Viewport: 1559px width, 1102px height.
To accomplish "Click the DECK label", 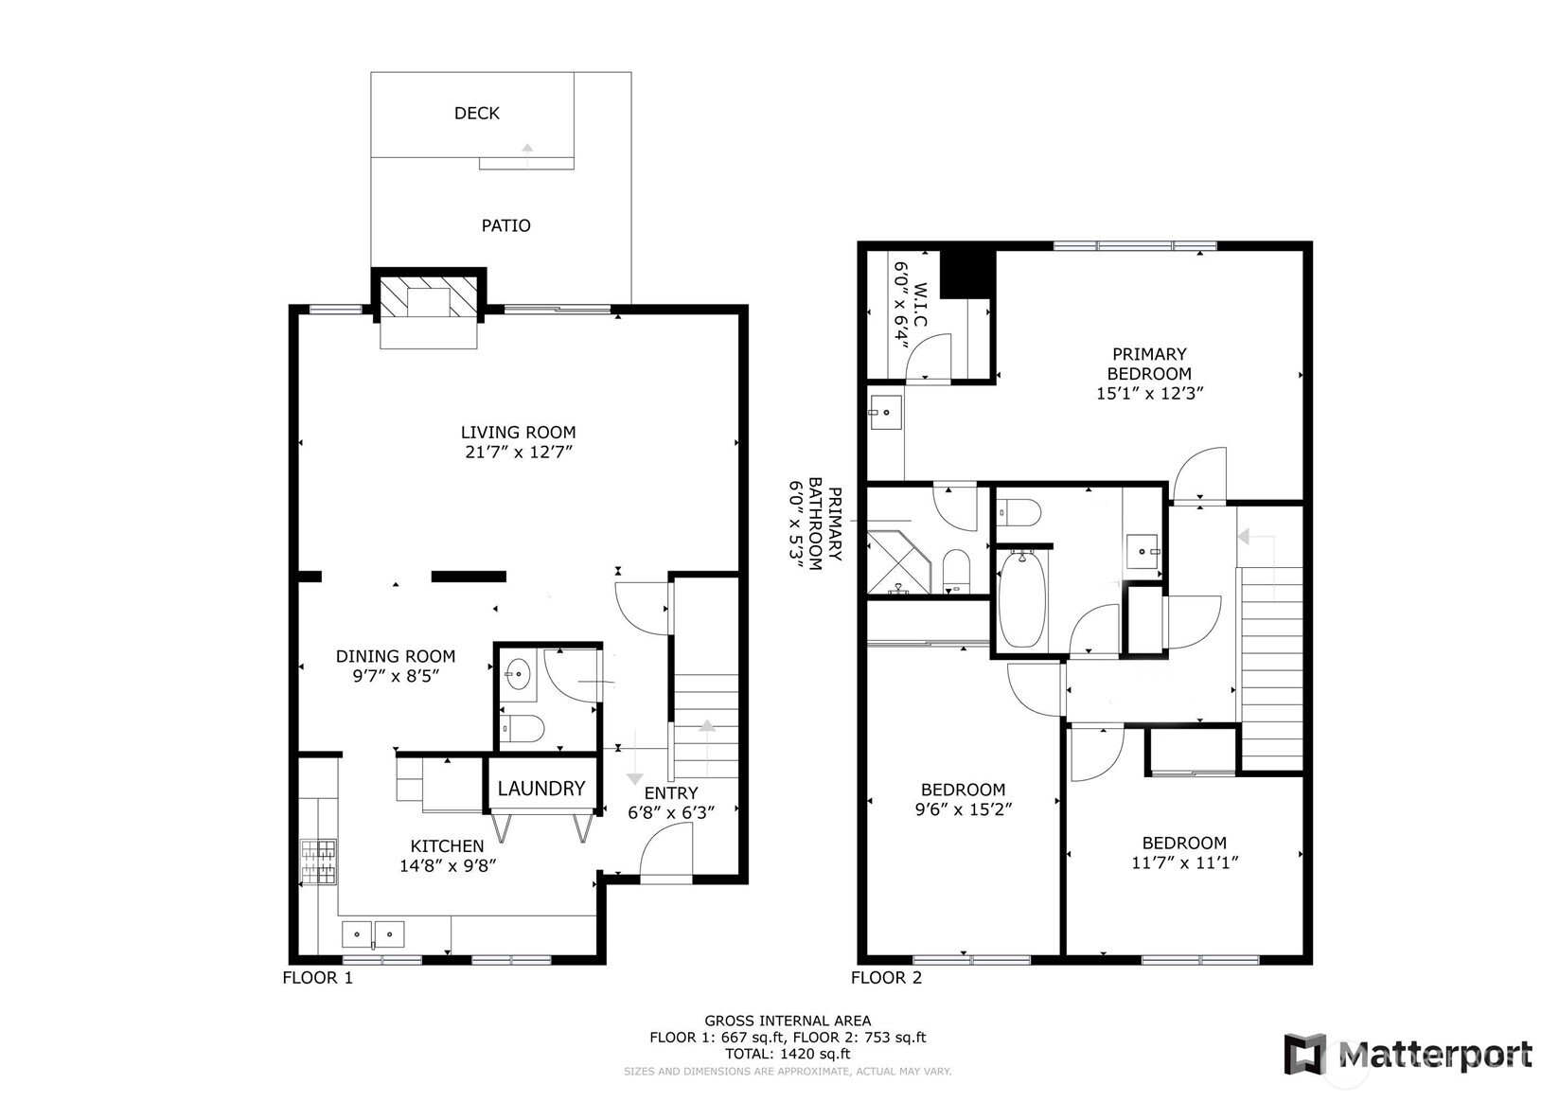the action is click(x=477, y=113).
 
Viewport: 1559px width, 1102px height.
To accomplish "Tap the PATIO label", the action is click(x=506, y=225).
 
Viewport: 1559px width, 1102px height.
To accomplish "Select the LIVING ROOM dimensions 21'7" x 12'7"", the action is click(x=519, y=452).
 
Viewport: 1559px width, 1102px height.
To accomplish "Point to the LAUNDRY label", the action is click(x=541, y=788).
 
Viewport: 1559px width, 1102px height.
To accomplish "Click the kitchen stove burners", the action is click(x=318, y=862).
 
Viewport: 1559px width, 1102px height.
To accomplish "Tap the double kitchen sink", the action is click(x=373, y=934).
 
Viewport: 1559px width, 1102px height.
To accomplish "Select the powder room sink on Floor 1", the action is click(x=518, y=674).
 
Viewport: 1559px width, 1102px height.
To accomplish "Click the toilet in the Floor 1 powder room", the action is click(x=522, y=728).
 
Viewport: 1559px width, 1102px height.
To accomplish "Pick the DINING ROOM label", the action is click(x=396, y=656).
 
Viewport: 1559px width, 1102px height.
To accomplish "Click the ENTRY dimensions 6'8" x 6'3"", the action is click(x=672, y=812).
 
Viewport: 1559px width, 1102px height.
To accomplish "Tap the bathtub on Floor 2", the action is click(x=1022, y=598).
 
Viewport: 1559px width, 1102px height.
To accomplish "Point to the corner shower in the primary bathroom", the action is click(x=898, y=562).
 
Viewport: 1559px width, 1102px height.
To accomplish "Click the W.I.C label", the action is click(x=920, y=305).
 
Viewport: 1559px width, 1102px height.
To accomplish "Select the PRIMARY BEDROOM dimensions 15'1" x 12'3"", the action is click(x=1150, y=393).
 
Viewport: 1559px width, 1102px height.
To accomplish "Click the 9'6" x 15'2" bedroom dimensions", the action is click(x=964, y=809).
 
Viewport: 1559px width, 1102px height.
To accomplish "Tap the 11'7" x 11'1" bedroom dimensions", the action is click(x=1184, y=862).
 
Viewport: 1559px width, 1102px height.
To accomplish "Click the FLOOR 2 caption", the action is click(x=886, y=977).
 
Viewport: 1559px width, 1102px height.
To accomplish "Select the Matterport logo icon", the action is click(x=1305, y=1054).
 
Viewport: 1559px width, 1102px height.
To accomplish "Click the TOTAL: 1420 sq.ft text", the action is click(x=788, y=1054).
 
